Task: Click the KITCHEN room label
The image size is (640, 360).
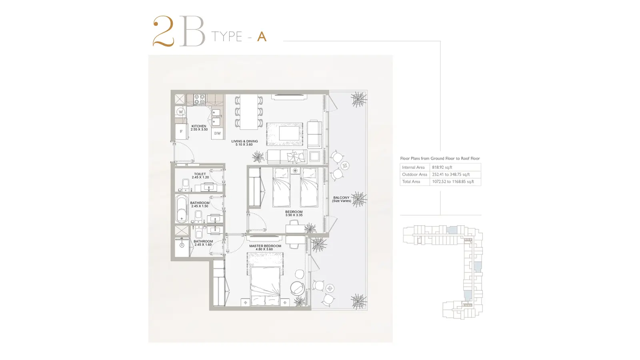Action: coord(199,126)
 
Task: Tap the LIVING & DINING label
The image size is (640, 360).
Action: coord(244,141)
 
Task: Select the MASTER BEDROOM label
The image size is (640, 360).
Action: coord(265,246)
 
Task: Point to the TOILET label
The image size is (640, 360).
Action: coord(200,174)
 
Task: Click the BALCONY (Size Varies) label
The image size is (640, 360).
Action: coord(342,199)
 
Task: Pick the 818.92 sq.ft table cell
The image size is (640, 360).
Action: coord(442,168)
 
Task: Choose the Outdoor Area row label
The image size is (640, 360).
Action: coord(414,174)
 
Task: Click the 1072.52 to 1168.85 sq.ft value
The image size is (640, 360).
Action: coord(453,182)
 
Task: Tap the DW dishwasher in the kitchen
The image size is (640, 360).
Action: coord(218,133)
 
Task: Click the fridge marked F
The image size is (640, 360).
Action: coord(181,132)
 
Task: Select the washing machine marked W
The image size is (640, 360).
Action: coord(180,112)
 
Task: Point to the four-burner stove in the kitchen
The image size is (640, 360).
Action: coord(200,99)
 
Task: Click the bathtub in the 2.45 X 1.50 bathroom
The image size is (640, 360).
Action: coord(182,208)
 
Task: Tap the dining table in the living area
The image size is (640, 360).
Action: coord(249,112)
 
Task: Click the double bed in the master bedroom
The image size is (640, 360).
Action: coord(265,286)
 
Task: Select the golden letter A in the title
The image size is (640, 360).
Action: coord(262,36)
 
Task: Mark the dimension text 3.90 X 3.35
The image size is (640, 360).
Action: coord(294,215)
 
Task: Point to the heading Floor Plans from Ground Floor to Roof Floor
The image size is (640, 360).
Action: coord(440,158)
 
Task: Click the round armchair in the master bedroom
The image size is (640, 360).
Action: coord(297,288)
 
